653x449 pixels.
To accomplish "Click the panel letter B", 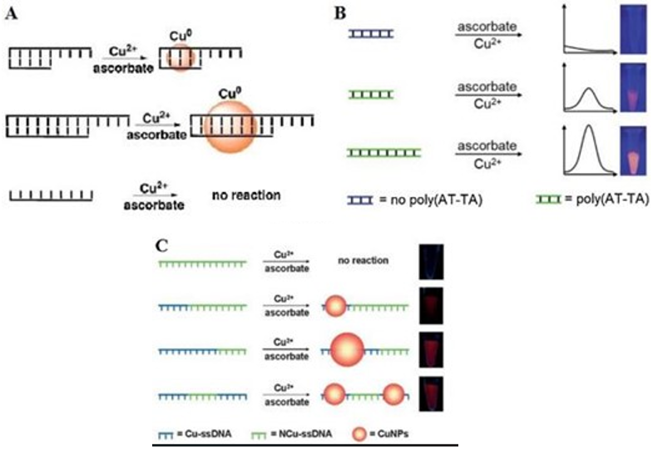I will (x=339, y=14).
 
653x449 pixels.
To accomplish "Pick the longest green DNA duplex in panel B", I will (x=384, y=152).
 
